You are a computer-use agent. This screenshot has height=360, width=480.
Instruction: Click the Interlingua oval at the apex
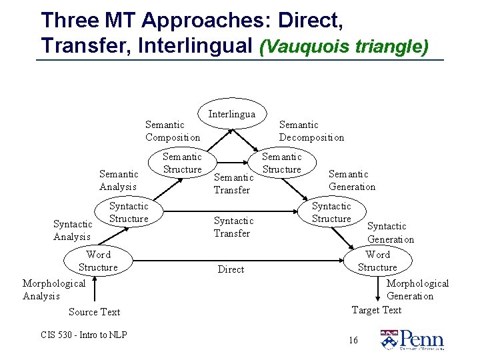tap(231, 114)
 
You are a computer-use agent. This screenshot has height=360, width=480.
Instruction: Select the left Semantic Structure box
tap(182, 163)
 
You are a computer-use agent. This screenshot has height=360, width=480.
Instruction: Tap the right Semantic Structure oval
tap(281, 163)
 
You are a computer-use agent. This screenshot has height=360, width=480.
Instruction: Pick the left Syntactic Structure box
tap(129, 213)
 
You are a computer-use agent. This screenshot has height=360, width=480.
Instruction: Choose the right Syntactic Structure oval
tap(331, 213)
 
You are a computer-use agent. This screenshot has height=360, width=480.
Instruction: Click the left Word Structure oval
tap(98, 261)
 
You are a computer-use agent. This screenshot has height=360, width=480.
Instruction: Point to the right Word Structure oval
tap(377, 261)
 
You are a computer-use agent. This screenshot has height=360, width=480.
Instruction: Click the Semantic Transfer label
tap(233, 183)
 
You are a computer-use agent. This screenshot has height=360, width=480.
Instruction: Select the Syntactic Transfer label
tap(233, 227)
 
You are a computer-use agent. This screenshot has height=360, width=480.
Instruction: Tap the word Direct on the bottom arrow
tap(231, 269)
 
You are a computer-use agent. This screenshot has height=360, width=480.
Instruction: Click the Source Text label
tap(94, 312)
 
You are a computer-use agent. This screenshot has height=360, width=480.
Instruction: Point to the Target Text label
tap(376, 309)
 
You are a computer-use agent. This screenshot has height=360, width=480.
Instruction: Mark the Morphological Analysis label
tap(53, 289)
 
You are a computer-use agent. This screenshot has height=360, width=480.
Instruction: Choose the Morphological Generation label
tap(417, 289)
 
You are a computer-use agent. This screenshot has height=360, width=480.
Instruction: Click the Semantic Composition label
tap(172, 131)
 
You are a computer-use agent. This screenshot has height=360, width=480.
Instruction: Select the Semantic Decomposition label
tap(311, 131)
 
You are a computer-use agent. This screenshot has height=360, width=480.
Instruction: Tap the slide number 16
tap(353, 341)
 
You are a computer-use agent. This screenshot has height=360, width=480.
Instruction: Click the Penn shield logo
tap(388, 339)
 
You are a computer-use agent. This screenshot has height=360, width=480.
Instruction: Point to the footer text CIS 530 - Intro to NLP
tap(83, 335)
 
